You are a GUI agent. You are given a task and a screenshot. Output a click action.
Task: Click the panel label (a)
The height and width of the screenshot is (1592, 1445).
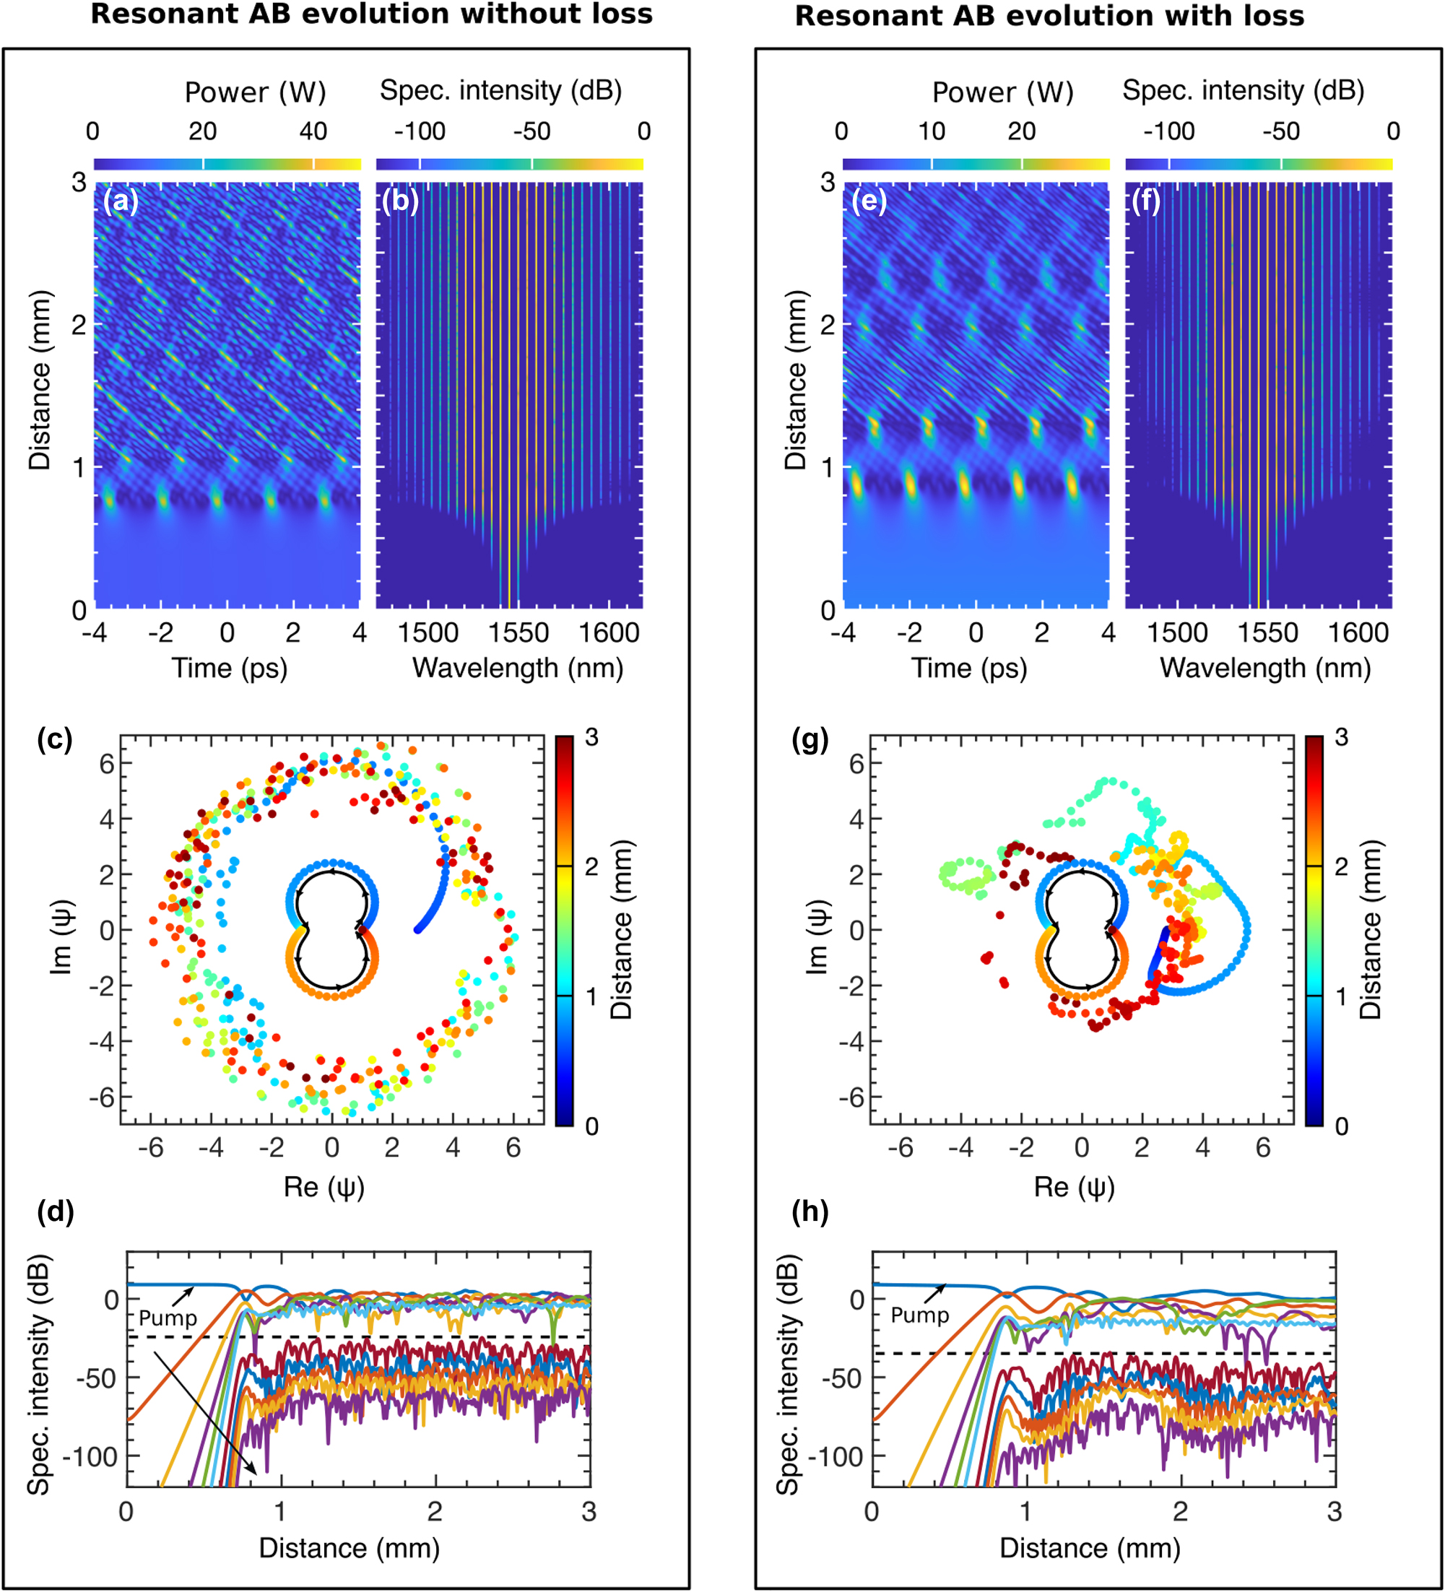(x=121, y=201)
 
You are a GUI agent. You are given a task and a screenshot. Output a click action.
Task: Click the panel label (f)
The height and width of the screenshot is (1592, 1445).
(x=1145, y=201)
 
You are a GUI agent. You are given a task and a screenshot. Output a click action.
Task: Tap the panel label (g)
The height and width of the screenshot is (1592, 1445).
(x=810, y=740)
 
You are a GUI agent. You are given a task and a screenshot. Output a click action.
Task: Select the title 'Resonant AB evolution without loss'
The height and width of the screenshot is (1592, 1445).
(x=371, y=14)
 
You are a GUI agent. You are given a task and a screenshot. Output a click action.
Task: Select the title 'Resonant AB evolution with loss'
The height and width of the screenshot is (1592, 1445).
(x=1049, y=16)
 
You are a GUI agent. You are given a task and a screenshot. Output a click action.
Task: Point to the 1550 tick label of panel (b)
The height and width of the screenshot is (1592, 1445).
(x=518, y=632)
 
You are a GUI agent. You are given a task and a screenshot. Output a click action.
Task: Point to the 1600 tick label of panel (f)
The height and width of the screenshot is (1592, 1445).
(x=1358, y=632)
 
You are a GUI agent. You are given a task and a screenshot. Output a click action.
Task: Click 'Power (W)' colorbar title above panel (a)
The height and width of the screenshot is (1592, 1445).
(x=255, y=92)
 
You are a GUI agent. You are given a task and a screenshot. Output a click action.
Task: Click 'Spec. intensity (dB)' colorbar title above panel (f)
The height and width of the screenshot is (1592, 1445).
(x=1244, y=91)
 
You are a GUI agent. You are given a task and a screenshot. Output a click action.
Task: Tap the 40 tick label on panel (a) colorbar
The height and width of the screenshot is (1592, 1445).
(x=313, y=131)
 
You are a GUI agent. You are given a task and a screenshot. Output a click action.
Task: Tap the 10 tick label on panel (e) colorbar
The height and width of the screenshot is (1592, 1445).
(x=932, y=131)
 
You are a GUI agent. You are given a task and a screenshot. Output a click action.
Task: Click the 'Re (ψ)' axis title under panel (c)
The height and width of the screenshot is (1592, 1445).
(x=324, y=1188)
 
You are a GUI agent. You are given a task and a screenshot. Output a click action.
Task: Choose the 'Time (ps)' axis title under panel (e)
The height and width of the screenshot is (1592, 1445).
(x=969, y=669)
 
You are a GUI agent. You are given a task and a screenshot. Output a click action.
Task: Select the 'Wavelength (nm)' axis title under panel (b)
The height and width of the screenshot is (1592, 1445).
(x=518, y=669)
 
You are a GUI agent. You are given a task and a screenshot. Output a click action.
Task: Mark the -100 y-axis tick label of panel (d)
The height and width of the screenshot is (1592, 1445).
(x=90, y=1457)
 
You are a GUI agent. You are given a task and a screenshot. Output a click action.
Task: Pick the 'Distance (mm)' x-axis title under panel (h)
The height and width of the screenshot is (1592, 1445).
(x=1090, y=1549)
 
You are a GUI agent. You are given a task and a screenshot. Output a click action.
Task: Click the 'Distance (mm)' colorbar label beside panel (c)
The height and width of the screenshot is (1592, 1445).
(x=621, y=930)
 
